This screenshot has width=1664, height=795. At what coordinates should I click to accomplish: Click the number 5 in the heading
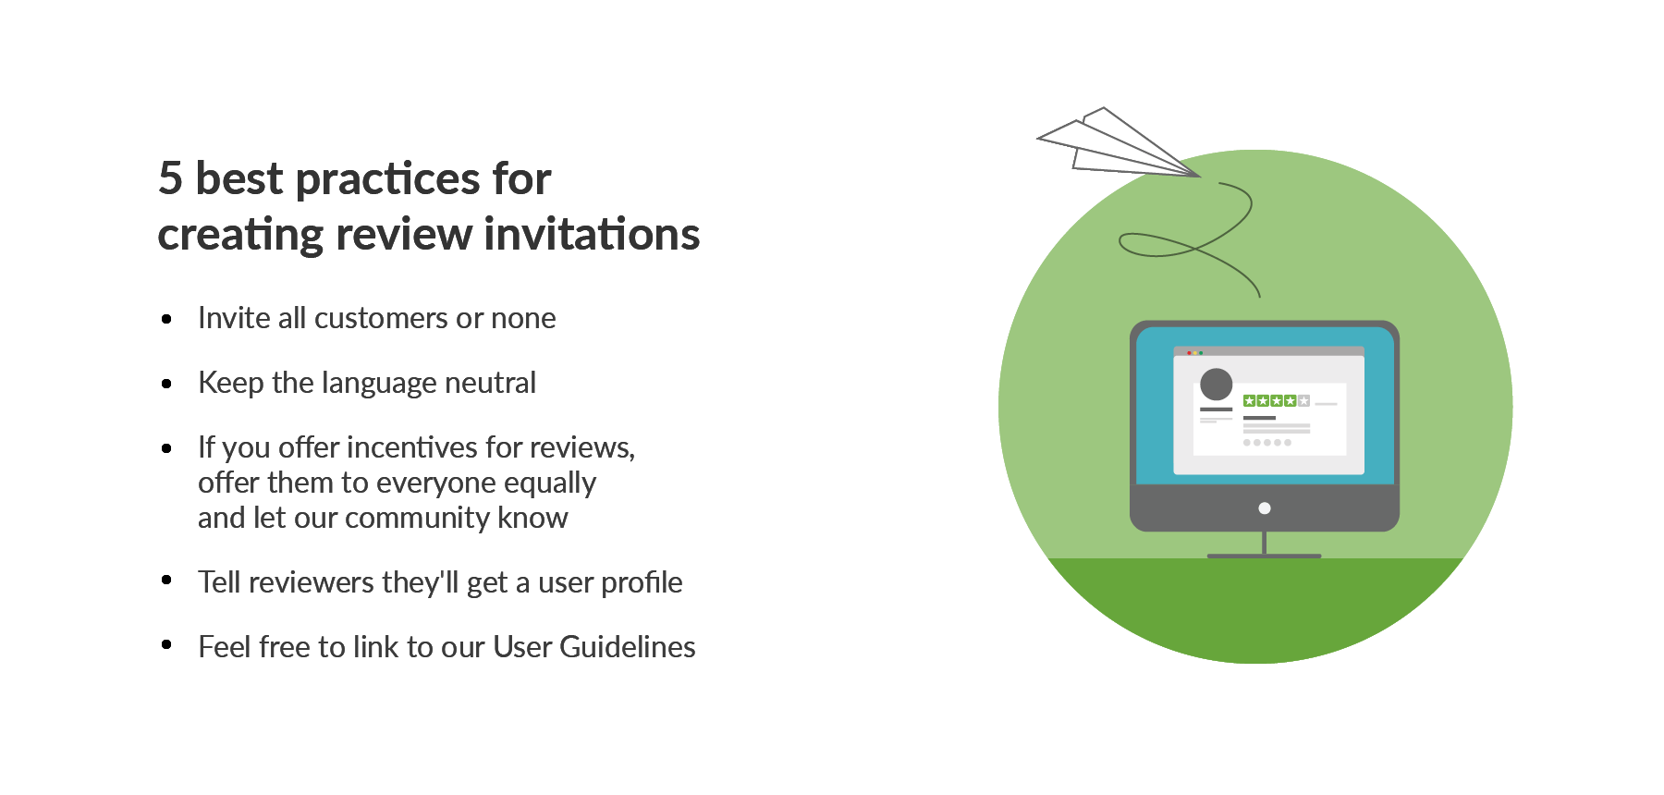click(170, 178)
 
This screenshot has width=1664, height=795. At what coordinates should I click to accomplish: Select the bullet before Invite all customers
click(166, 320)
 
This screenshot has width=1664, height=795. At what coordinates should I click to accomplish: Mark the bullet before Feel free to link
click(166, 645)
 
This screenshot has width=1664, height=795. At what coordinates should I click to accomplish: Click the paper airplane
click(1117, 144)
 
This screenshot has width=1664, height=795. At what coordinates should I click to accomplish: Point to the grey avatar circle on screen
click(1217, 385)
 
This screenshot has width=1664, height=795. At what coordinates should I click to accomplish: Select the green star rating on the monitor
click(1276, 400)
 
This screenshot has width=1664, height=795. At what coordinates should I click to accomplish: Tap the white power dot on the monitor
click(1265, 508)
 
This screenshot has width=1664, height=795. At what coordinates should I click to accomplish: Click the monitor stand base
click(1265, 556)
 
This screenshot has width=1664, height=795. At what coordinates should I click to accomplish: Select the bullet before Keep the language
click(166, 385)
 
